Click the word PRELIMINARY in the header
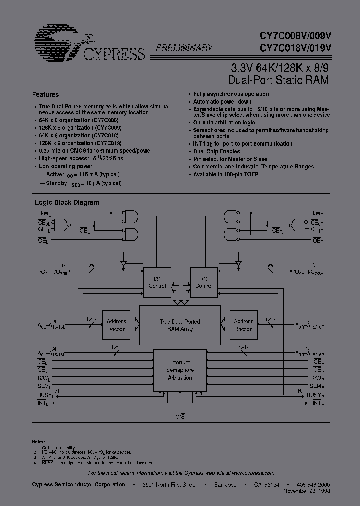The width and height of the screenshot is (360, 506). click(x=185, y=48)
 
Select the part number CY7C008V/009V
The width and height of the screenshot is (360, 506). click(x=294, y=37)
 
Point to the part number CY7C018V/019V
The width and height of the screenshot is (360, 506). click(x=294, y=48)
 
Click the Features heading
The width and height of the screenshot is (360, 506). click(x=45, y=94)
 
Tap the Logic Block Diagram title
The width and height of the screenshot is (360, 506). click(x=67, y=202)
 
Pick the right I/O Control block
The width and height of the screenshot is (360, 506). click(x=203, y=283)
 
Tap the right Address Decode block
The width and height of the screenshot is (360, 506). click(x=243, y=325)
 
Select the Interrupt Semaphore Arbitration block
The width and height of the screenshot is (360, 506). click(x=179, y=370)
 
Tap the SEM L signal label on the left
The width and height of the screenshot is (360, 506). click(x=44, y=387)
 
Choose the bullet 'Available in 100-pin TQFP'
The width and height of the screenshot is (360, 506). click(x=225, y=174)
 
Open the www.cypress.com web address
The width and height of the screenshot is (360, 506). click(x=253, y=473)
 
